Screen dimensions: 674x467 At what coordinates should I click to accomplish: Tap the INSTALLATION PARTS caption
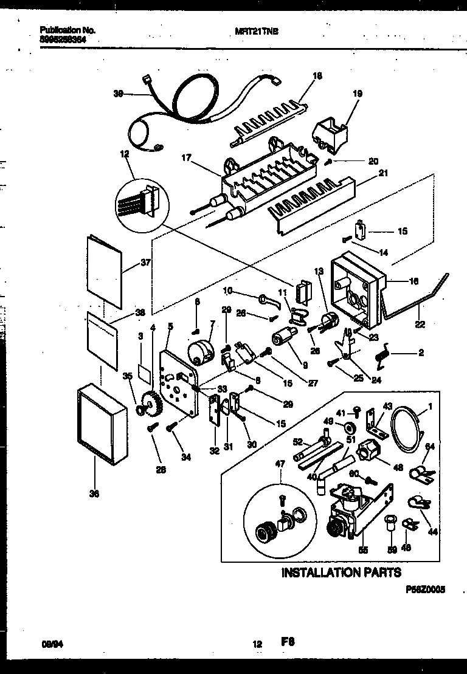341,573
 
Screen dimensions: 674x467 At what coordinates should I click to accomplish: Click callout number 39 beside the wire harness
119,93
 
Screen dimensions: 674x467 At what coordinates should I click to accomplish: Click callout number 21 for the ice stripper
382,173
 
